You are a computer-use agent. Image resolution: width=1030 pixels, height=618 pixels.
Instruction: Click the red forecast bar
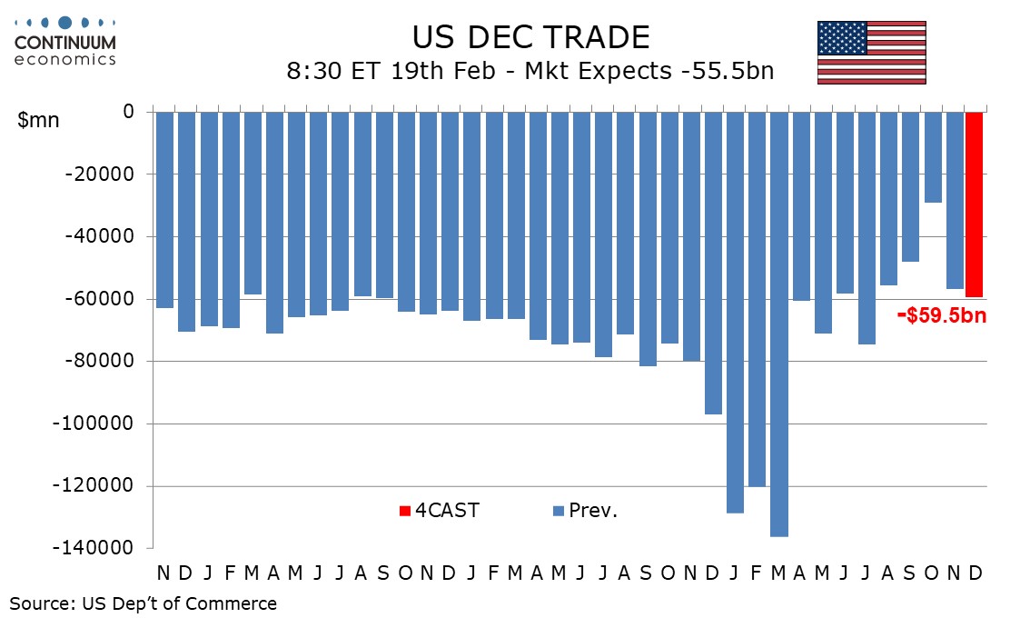[975, 204]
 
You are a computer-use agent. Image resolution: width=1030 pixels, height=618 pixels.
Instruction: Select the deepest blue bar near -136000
[777, 324]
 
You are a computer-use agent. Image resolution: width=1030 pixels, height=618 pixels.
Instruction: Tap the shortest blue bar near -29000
[932, 157]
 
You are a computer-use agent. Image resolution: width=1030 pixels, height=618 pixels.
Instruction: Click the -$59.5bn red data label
[942, 316]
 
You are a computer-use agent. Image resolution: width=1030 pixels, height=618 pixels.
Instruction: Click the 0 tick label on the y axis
[128, 112]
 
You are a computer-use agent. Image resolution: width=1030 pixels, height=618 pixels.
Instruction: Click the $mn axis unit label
[38, 121]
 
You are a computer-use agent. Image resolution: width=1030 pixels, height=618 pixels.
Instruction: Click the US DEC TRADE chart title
[530, 37]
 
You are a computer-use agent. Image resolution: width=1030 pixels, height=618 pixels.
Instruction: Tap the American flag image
[871, 52]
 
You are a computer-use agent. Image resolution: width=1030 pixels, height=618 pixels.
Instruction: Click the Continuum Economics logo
[64, 41]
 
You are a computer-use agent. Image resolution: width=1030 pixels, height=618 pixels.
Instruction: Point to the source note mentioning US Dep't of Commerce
[144, 603]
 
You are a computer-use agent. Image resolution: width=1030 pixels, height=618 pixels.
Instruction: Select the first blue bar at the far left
[164, 210]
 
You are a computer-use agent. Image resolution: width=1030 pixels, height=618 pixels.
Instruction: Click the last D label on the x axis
[976, 573]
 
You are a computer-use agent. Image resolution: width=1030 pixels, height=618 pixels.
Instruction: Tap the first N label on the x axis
[163, 573]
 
